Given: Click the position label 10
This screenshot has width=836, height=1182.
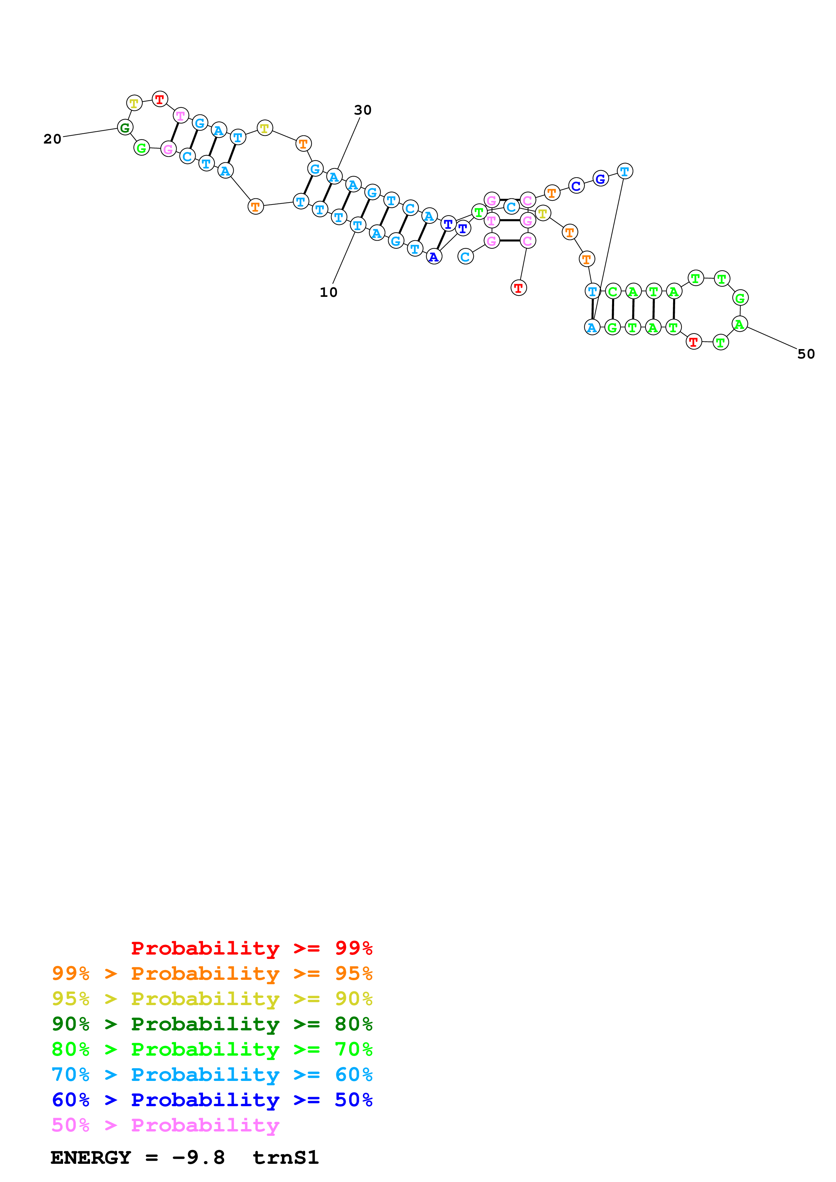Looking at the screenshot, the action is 328,292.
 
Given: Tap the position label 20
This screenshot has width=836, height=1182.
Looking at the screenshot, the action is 53,139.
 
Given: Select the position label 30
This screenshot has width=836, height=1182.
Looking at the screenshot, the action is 363,110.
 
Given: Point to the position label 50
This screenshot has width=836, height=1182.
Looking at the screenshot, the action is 806,354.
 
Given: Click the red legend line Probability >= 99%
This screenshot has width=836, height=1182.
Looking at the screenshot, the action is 252,948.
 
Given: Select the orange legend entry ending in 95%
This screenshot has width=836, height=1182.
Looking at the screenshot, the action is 212,973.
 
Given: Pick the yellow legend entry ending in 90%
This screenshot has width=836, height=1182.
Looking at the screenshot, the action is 212,998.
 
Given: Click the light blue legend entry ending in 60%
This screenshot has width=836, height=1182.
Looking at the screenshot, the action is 212,1075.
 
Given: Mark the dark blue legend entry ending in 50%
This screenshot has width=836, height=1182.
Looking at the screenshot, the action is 212,1100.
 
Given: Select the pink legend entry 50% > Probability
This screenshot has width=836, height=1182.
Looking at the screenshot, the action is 165,1125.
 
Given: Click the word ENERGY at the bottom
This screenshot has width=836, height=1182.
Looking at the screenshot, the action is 91,1157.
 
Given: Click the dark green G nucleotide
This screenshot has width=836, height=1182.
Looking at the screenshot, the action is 125,127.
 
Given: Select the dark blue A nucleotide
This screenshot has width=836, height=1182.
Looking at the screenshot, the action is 434,256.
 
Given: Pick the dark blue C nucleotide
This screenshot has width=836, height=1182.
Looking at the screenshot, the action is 576,186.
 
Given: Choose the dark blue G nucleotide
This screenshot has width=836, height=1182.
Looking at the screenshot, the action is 600,179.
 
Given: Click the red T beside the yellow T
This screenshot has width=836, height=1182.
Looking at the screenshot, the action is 160,99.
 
